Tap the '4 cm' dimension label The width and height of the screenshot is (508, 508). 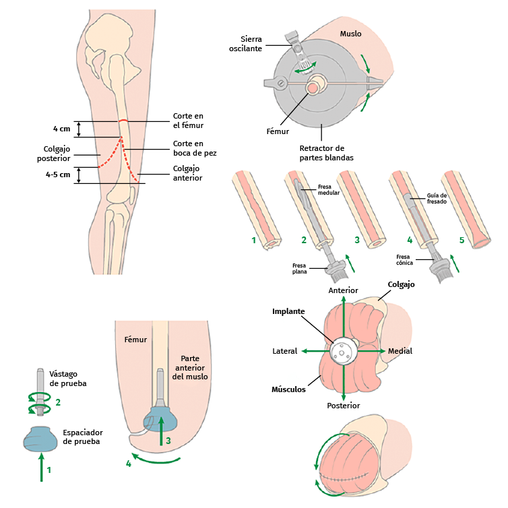coord(61,128)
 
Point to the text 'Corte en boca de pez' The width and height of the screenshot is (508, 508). coord(187,148)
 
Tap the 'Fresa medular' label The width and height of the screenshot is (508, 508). coord(329,189)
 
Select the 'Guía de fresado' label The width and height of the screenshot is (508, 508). coord(436,199)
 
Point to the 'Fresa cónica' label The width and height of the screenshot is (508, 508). coord(404,260)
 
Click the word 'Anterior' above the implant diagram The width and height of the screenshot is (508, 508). coord(343,290)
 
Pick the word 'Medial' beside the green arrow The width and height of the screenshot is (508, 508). coord(400,351)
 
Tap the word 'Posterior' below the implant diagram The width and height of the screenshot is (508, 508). coord(343,406)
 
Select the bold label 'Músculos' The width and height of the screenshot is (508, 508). coord(288,389)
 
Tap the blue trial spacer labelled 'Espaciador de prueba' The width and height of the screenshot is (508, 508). coord(41,440)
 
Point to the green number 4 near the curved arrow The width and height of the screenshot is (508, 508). coord(128,464)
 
